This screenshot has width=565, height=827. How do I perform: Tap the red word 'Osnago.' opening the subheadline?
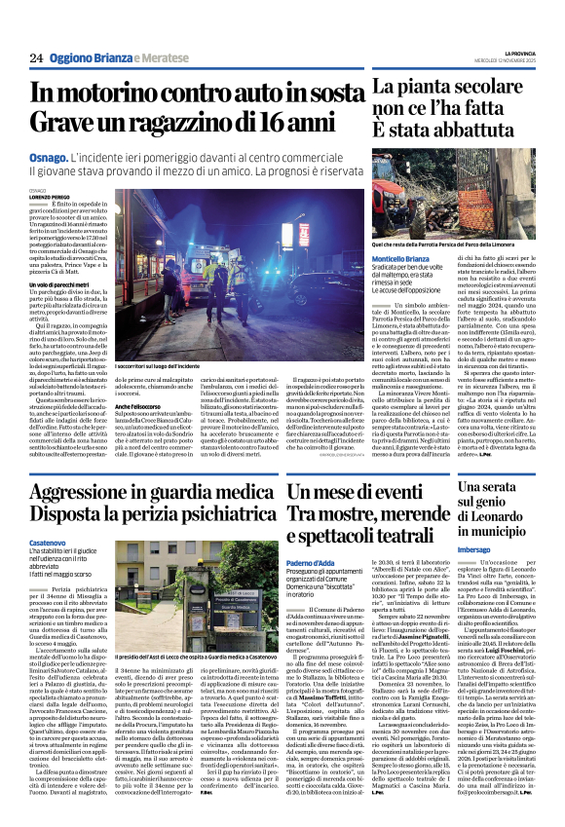[x=48, y=156]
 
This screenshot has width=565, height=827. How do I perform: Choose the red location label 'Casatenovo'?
[x=48, y=544]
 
